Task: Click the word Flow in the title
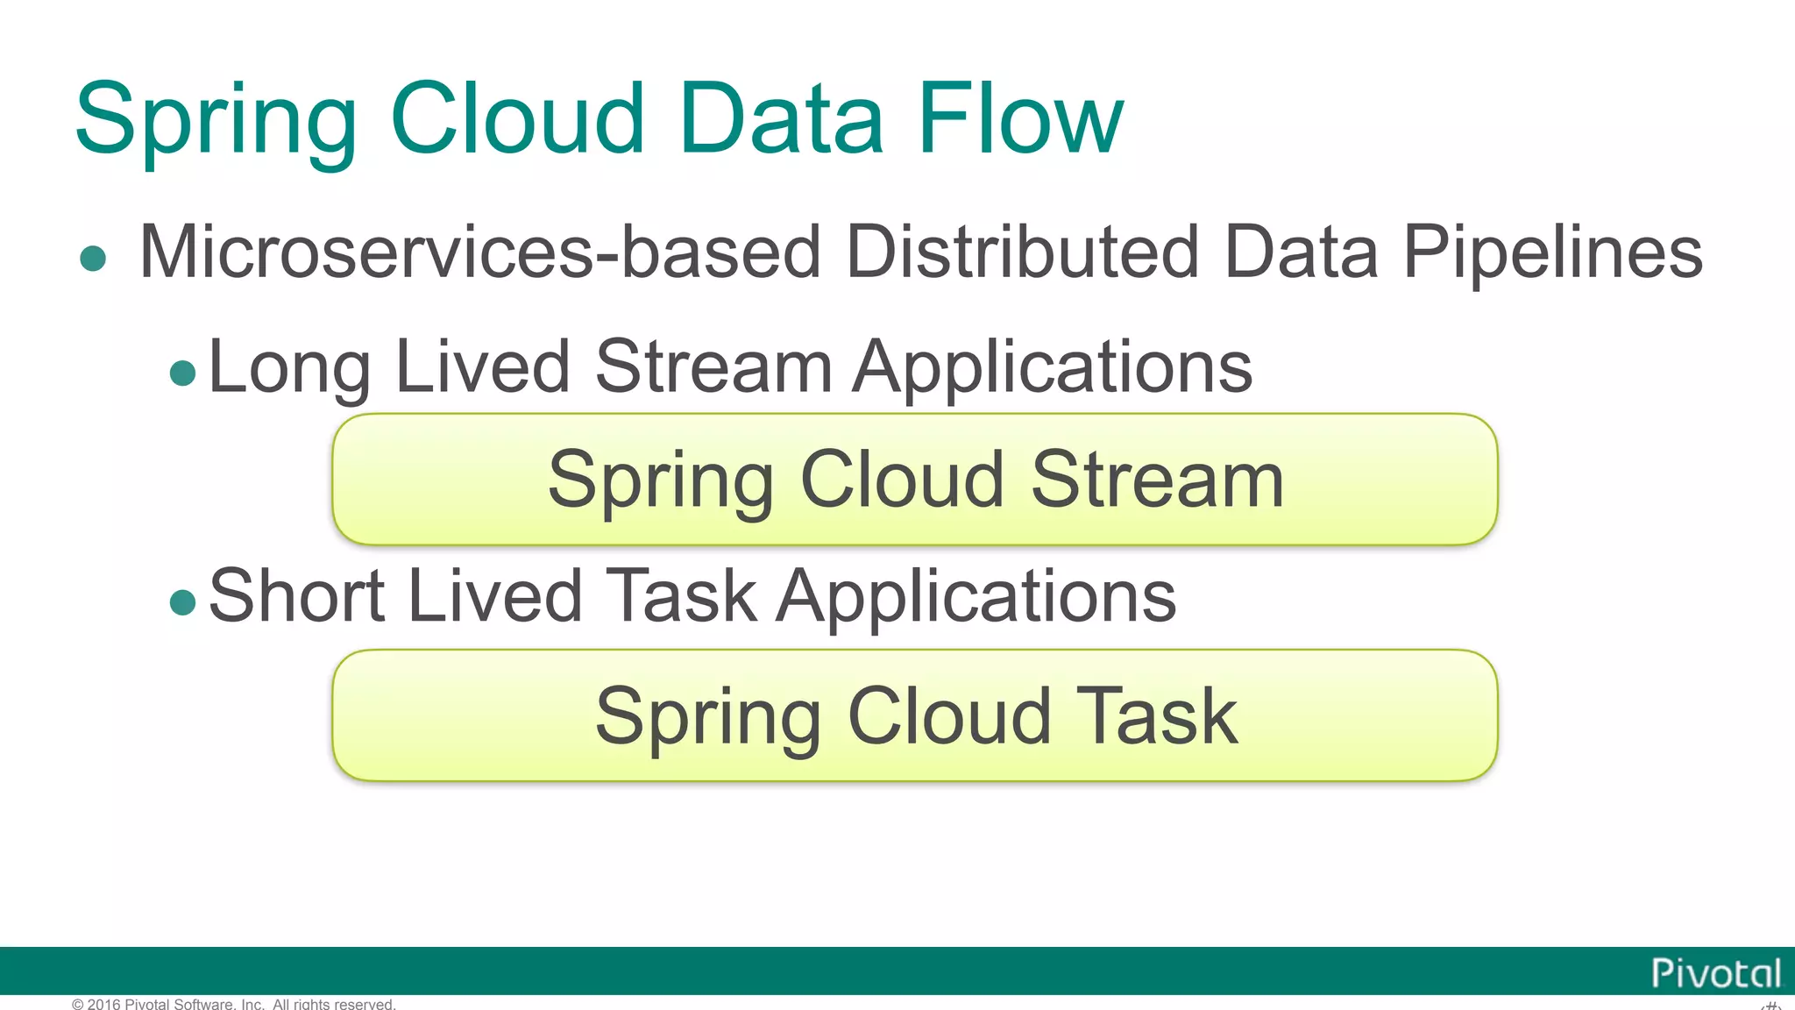pos(1019,118)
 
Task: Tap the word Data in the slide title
pos(780,118)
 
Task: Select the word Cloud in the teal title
pos(517,118)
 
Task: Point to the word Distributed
pos(1022,252)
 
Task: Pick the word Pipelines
pos(1552,252)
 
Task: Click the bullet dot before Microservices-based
pos(93,259)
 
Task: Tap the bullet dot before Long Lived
pos(182,373)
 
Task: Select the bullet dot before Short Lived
pos(182,602)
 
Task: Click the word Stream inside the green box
pos(1157,480)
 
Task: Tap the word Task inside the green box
pos(1157,716)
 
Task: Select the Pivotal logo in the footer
pos(1715,973)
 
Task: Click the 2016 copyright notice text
pos(234,1004)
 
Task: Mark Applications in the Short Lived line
pos(976,596)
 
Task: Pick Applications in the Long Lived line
pos(1053,366)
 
